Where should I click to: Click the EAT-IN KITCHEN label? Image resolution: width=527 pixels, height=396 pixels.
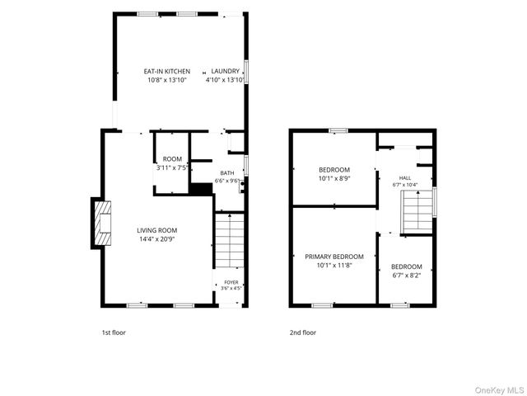coord(166,72)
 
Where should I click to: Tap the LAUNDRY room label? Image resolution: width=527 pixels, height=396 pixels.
coord(225,72)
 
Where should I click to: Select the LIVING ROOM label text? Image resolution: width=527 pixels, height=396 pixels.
coord(157,231)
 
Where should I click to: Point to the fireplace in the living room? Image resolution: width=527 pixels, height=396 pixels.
coord(102,223)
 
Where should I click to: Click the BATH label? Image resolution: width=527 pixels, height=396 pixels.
coord(227,173)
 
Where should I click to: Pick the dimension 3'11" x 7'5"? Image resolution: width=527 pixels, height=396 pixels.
coord(172,167)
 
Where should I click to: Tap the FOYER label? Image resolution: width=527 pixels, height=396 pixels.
coord(231,282)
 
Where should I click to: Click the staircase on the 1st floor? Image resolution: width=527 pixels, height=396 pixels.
coord(230,240)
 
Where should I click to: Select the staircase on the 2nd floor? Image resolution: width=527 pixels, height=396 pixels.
coord(417,212)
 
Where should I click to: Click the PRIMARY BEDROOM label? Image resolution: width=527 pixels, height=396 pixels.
coord(334,257)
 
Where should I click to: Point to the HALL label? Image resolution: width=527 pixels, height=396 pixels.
coord(405,178)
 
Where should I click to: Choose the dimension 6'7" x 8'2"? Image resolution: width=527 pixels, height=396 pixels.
coord(407,275)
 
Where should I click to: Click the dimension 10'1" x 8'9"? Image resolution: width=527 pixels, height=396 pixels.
coord(334,178)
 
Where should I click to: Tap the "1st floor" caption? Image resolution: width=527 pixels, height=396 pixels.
coord(114,332)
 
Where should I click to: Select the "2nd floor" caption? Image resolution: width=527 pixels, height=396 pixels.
coord(303,332)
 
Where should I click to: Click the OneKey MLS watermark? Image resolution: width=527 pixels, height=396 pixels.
coord(499,390)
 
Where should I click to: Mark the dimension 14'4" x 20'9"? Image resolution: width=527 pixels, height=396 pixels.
coord(157,239)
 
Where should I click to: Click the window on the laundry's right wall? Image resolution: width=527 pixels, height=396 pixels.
coord(246,72)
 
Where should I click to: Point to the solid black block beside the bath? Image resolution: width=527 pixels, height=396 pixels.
coord(201,189)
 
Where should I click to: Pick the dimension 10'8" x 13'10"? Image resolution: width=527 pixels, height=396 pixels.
coord(166,80)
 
